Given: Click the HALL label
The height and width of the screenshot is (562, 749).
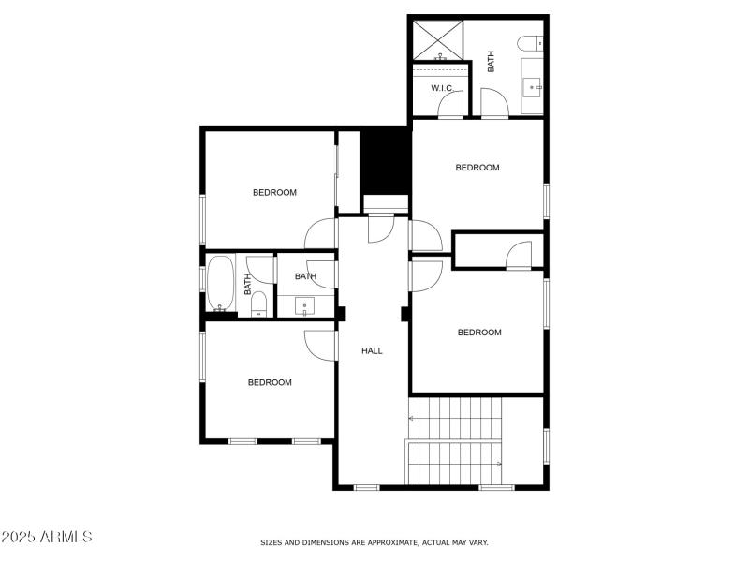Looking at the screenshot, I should pos(373,351).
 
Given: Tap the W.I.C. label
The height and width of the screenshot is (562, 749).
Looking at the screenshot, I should pos(442,88).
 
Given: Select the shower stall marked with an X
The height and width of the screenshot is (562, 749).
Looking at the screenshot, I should pos(439,38).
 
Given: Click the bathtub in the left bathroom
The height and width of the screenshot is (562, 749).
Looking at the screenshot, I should pos(221,283).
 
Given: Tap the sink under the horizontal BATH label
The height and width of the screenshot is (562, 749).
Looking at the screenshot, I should pos(305,305).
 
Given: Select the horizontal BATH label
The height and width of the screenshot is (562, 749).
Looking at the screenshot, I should pos(305,276).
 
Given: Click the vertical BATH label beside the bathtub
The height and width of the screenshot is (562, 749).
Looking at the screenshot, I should pos(248,284).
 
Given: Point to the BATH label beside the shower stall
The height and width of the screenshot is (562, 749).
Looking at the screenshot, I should pos(491,62).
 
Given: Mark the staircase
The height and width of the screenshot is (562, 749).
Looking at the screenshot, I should pos(456,440).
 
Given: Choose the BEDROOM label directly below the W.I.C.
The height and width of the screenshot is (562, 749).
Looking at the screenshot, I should pos(477,168).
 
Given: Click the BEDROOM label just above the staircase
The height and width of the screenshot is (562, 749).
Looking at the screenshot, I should pos(479,333).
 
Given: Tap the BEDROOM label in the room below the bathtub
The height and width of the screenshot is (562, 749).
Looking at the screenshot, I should pos(270,382).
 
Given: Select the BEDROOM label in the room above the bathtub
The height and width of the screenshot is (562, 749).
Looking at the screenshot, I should pos(274,193).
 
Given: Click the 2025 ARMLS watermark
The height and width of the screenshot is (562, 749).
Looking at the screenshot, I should pos(47,537).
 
